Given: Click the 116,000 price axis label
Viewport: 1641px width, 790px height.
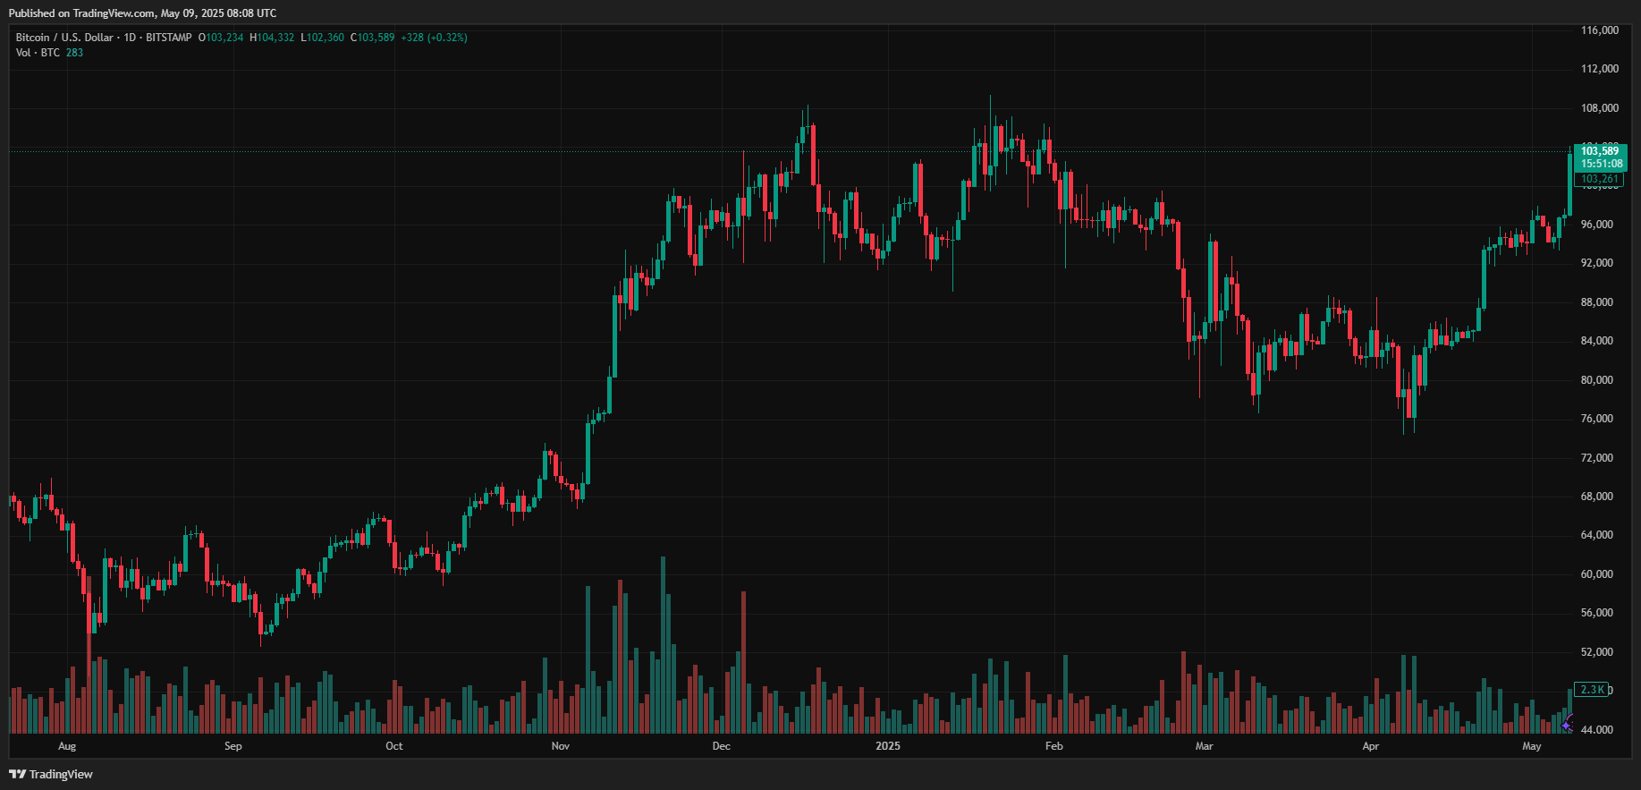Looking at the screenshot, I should click(1599, 30).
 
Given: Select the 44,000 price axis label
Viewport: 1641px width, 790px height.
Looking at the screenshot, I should click(1596, 730).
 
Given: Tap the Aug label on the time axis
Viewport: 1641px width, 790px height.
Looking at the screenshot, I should click(67, 746).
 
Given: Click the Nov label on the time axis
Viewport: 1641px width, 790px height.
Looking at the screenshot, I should click(561, 746).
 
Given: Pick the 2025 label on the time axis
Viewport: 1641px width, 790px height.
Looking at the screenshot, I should click(888, 746).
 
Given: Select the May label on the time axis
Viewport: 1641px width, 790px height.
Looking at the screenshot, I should click(1532, 746).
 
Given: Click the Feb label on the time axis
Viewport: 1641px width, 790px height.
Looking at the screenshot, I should click(1054, 746).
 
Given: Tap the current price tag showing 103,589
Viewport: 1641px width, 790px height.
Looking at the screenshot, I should click(1600, 151).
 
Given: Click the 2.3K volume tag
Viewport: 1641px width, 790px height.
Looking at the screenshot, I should click(1593, 690).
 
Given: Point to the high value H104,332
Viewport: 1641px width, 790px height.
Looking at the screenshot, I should click(272, 38).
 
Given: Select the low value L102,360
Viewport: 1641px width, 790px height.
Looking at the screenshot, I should click(322, 38).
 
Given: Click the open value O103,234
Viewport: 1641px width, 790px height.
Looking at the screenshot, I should click(221, 38).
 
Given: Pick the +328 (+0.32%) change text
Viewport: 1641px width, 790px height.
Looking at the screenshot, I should click(434, 38).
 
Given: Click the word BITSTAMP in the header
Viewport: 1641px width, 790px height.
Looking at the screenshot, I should click(169, 38).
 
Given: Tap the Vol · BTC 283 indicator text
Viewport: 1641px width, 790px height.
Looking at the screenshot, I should click(49, 53).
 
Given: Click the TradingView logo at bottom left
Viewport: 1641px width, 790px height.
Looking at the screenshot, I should click(51, 774).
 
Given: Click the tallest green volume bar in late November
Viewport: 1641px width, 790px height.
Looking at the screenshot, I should click(664, 644).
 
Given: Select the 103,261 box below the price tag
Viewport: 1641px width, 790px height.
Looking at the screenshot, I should click(1599, 180).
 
